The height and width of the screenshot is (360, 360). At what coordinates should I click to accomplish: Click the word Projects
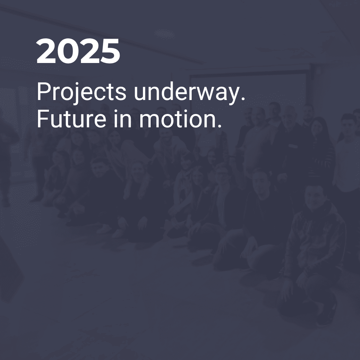pyautogui.click(x=82, y=92)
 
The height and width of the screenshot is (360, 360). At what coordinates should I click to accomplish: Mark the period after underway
pyautogui.click(x=243, y=98)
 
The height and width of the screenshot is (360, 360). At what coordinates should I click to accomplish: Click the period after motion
pyautogui.click(x=219, y=126)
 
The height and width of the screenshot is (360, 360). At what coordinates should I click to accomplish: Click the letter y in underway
pyautogui.click(x=234, y=96)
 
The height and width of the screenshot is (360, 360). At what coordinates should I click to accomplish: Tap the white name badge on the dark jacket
pyautogui.click(x=293, y=146)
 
